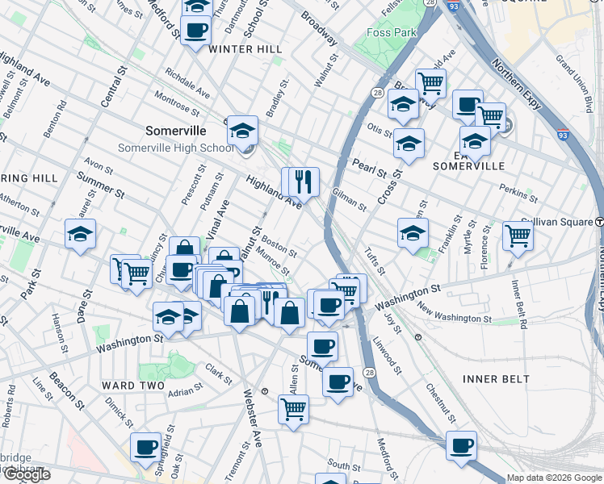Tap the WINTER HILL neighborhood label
pyautogui.click(x=245, y=49)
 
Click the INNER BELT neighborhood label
pyautogui.click(x=497, y=378)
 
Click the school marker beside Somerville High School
pyautogui.click(x=241, y=131)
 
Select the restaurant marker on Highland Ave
pyautogui.click(x=304, y=181)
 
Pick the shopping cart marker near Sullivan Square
pyautogui.click(x=518, y=236)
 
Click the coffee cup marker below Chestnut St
pyautogui.click(x=462, y=444)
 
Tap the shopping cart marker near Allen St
pyautogui.click(x=293, y=408)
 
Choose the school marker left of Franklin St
pyautogui.click(x=413, y=234)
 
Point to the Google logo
pyautogui.click(x=27, y=475)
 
